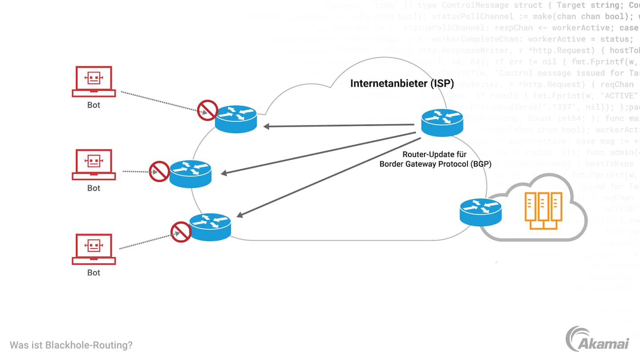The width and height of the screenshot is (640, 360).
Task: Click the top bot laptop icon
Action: tap(94, 81)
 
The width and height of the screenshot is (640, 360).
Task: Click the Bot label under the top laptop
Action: tap(94, 105)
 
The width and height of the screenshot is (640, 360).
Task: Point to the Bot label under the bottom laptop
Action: tap(94, 272)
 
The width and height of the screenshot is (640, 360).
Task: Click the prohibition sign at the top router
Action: tap(207, 110)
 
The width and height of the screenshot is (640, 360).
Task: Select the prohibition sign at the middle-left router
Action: tap(159, 172)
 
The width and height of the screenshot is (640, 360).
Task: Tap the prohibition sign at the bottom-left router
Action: tap(181, 232)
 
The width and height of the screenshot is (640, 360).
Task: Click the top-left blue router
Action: tap(236, 119)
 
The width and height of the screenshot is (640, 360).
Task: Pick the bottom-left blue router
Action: tap(210, 227)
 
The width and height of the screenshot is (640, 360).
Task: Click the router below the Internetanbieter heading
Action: tap(442, 122)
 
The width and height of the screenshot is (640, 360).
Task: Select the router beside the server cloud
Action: tap(480, 212)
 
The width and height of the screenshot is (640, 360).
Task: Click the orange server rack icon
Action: tap(543, 210)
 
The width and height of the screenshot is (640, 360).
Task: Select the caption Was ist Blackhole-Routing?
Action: tap(71, 345)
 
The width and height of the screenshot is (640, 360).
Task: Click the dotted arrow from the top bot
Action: tap(160, 102)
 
